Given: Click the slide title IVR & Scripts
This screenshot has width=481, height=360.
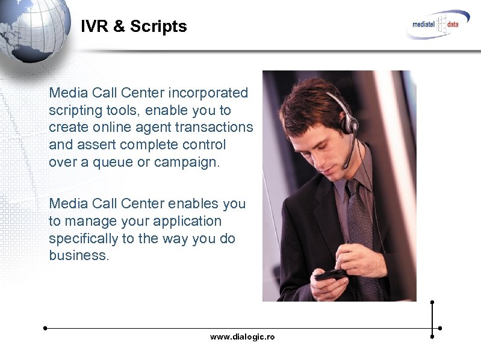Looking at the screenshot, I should coord(134,26).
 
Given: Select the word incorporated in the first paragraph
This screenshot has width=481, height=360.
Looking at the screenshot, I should coord(208,93).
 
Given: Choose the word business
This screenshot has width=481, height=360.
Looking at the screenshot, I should coord(78,255).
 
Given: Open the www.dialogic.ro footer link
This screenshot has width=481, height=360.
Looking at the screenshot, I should coord(242,337).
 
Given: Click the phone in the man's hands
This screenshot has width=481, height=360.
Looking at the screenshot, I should coord(330,275).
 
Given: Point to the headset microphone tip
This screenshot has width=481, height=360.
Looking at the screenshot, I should coord(344,167).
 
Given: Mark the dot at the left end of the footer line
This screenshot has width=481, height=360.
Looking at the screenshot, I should coord(45,328).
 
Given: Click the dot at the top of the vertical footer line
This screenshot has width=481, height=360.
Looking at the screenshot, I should coord(432,302).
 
